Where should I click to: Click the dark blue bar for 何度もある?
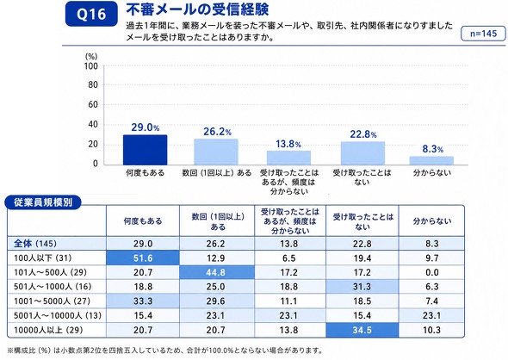(x=146, y=150)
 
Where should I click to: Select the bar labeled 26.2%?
(x=216, y=152)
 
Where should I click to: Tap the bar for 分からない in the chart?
(x=431, y=161)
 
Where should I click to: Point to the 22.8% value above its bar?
(x=362, y=134)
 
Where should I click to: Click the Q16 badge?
(x=91, y=14)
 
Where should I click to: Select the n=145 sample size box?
(x=483, y=33)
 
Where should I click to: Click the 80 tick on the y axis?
(x=93, y=85)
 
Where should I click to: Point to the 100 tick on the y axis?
(x=91, y=66)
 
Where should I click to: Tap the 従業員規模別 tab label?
(x=43, y=202)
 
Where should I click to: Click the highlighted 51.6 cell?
(x=143, y=258)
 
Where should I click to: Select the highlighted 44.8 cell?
(x=216, y=272)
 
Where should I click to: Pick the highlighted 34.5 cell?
(x=362, y=330)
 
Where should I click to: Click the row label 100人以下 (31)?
(x=42, y=258)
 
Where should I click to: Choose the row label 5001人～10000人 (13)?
(x=58, y=315)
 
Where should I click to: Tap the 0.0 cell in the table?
(x=432, y=272)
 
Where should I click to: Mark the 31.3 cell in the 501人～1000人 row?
(x=362, y=287)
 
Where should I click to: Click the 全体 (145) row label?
(x=35, y=244)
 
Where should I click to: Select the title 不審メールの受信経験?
(x=197, y=9)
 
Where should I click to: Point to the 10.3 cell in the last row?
(x=432, y=330)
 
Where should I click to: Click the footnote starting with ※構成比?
(x=165, y=351)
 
